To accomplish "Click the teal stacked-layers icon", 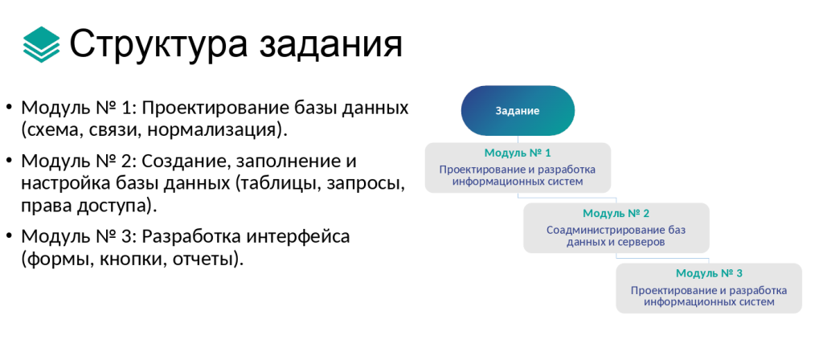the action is coord(42,45).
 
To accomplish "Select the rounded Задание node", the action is coord(518,111).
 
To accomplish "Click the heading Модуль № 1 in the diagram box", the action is coord(518,153).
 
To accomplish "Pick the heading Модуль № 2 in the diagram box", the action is coord(616,214).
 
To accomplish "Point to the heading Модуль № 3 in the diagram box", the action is coord(709,273).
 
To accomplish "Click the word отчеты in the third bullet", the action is coord(202,260).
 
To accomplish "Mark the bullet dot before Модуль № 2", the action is coord(8,161).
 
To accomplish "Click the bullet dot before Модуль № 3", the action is coord(8,237).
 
